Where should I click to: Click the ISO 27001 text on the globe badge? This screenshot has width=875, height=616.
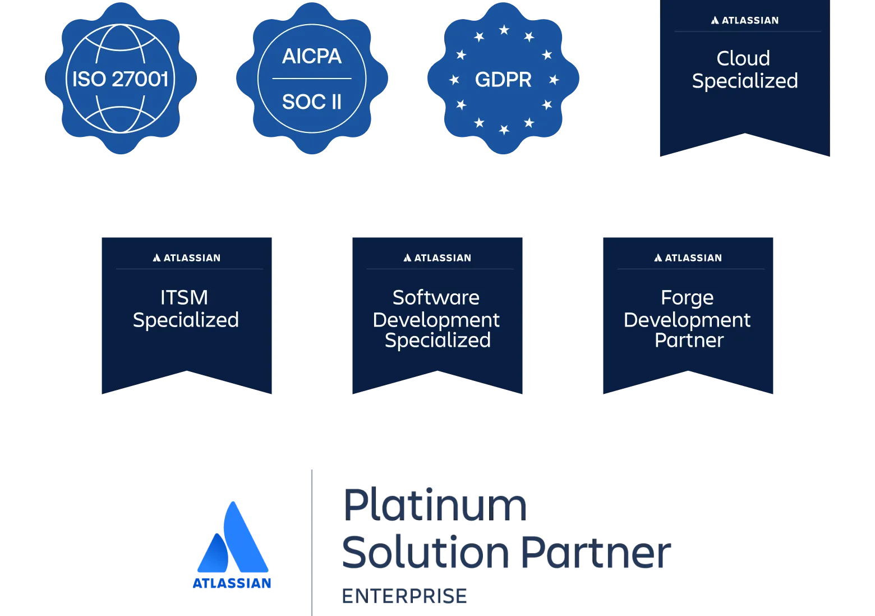coord(120,79)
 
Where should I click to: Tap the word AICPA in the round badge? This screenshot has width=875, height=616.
coord(312,56)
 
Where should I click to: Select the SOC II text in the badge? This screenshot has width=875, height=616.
coord(312,102)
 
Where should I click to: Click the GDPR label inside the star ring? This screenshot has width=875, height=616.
coord(503,80)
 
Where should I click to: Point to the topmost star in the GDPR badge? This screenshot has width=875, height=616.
coord(504,30)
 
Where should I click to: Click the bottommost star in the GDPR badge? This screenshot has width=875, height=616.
coord(504,129)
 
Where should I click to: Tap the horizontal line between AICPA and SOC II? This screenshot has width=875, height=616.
coord(312,79)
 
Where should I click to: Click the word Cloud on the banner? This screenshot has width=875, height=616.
coord(743,58)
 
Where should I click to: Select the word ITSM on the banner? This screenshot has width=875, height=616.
coord(184,297)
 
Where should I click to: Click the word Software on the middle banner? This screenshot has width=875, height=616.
coord(436,297)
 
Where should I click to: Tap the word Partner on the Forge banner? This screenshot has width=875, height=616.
coord(689,340)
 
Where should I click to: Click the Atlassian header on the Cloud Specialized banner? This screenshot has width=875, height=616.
coord(744,20)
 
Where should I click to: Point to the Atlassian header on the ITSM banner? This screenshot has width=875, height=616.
coord(186,258)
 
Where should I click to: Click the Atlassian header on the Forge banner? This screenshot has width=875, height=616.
coord(688,258)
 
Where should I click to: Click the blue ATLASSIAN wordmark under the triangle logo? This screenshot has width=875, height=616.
coord(232,583)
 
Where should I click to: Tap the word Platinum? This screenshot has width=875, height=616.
coord(435,505)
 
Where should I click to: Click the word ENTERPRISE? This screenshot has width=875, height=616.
coord(404,596)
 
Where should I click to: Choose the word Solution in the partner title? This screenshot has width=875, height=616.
coord(425,552)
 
